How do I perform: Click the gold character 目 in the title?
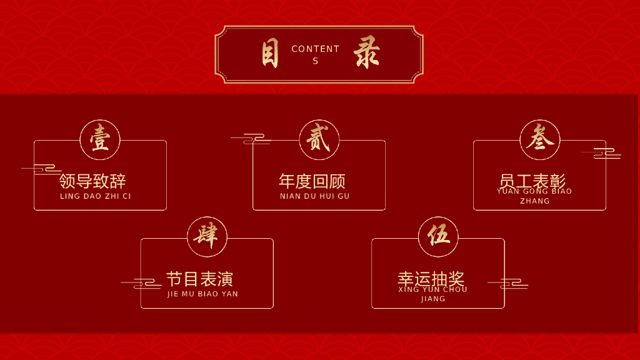(270, 54)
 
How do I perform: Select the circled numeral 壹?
(100, 139)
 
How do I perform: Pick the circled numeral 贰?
(319, 139)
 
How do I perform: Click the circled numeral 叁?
(539, 139)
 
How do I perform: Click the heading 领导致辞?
(92, 181)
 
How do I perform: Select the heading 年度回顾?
(312, 181)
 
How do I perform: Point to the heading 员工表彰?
(532, 181)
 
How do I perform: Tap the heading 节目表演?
(199, 279)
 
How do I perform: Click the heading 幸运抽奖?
(431, 279)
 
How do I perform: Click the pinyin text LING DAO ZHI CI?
(96, 196)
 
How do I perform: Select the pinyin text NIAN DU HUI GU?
(315, 196)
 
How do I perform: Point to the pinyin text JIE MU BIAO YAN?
(203, 294)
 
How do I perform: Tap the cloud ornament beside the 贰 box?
(250, 139)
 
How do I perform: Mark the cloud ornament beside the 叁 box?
(601, 152)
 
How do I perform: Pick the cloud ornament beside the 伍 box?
(507, 284)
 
